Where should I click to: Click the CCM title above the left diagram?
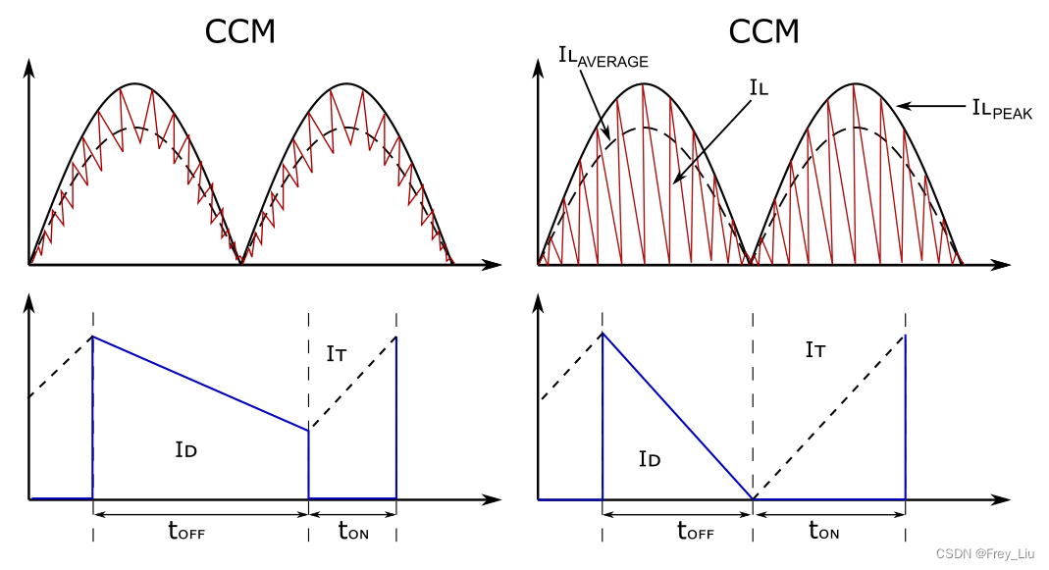click(239, 31)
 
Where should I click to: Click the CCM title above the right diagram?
click(763, 31)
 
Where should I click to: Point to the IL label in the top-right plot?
click(759, 89)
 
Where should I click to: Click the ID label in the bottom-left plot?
click(186, 450)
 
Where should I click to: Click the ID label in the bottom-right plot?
click(649, 458)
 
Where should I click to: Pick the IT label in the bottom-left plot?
click(336, 354)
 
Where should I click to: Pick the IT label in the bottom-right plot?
click(814, 349)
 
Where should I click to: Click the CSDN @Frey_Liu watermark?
click(987, 554)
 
